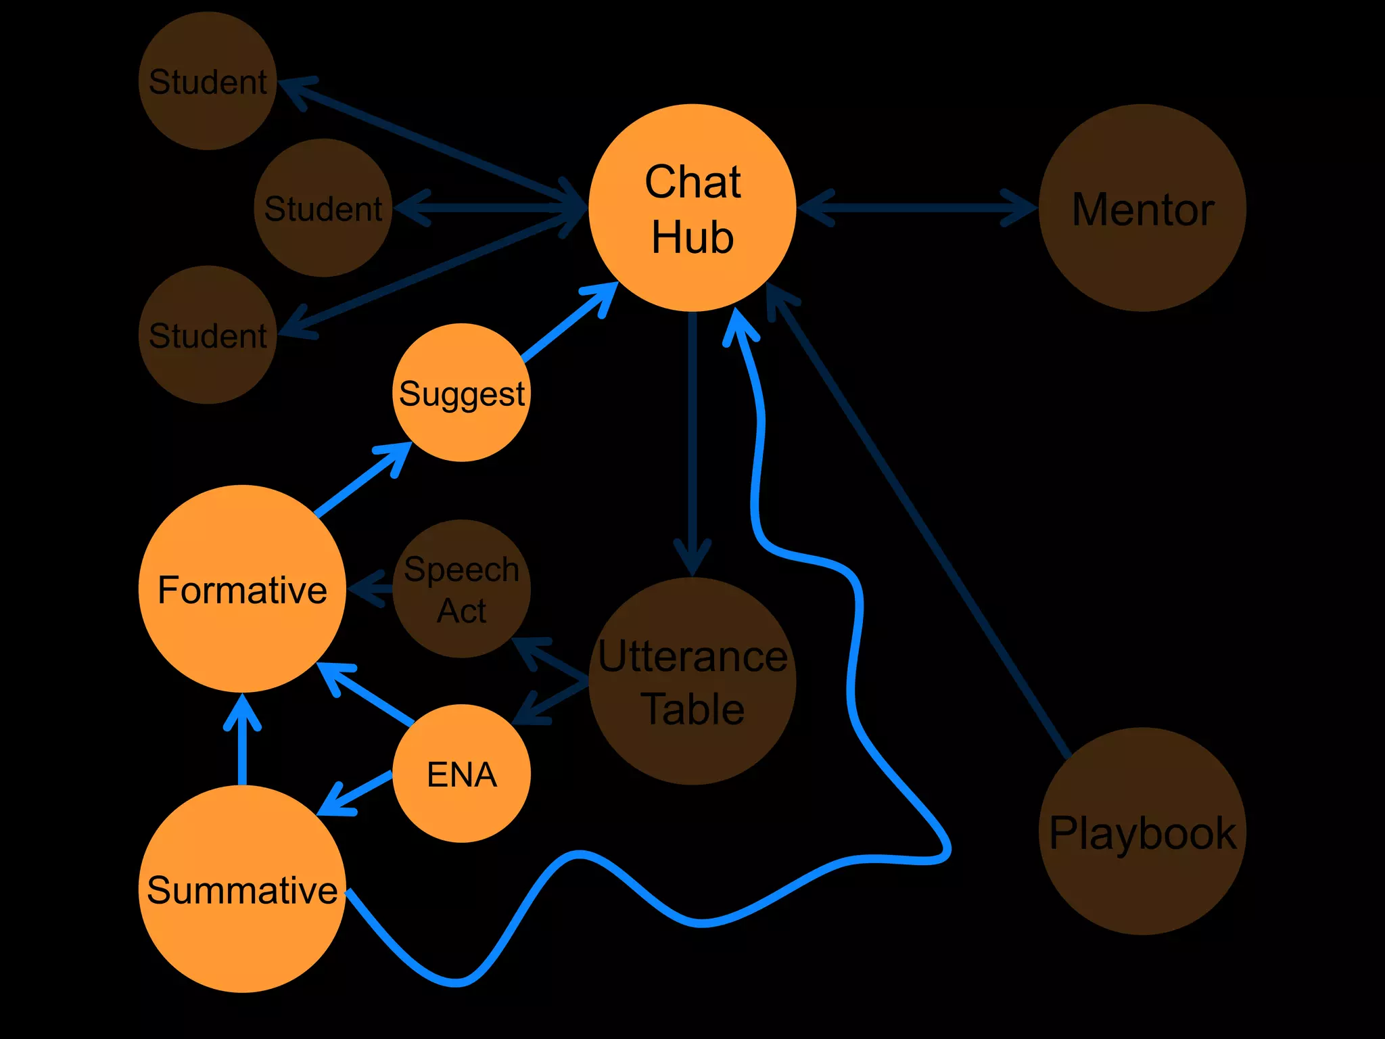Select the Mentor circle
1142,208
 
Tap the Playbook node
1142,831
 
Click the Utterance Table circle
692,682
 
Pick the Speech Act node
462,588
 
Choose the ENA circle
462,773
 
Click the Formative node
242,588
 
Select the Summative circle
242,889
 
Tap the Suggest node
462,392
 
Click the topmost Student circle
208,81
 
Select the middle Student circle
323,208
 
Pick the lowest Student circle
208,335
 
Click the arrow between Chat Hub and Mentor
917,208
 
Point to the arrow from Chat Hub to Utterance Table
692,440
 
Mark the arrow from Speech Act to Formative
371,588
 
